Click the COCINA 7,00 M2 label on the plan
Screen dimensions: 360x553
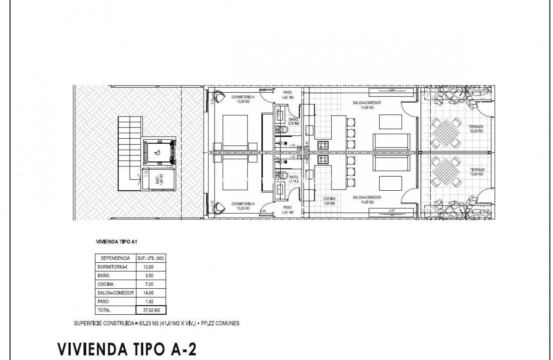329,201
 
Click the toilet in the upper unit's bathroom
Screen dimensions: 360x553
282,130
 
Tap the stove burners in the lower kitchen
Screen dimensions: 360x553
323,159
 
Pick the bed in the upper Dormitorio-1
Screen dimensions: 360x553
235,130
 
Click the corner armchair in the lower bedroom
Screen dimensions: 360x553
219,206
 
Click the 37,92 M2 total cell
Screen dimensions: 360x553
151,311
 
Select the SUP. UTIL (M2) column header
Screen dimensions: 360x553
151,258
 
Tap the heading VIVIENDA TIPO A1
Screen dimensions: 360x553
115,242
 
